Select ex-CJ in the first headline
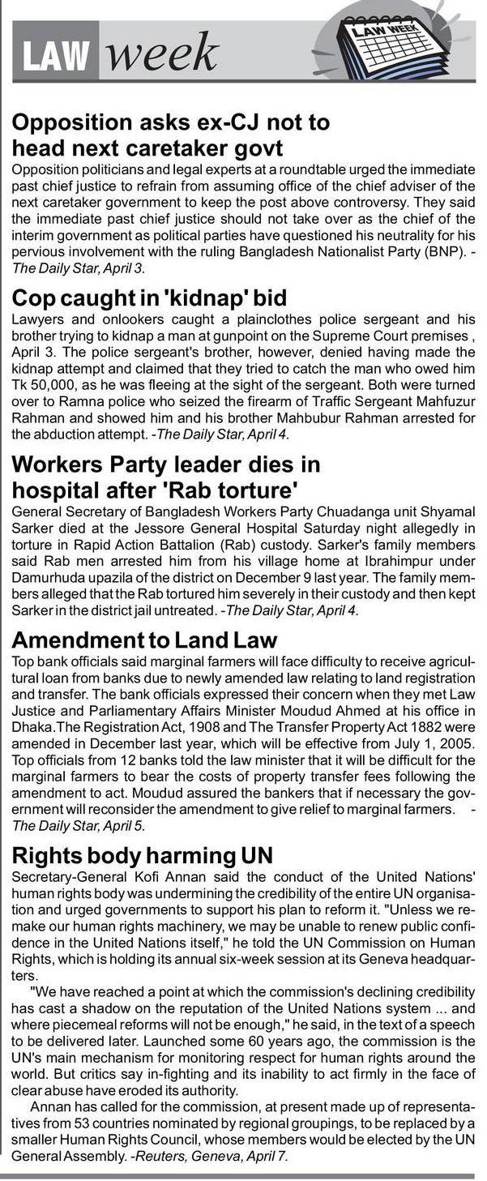point(244,123)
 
